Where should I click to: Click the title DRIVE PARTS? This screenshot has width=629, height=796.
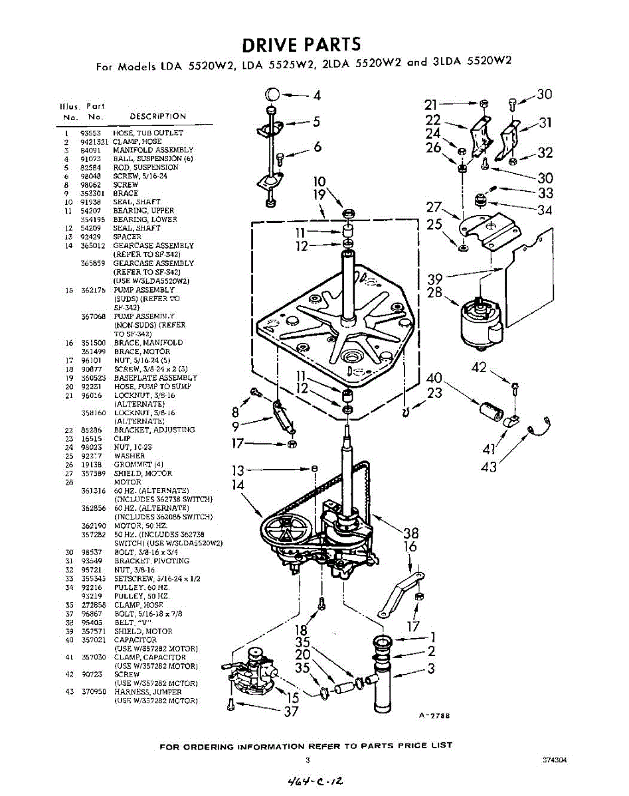[301, 44]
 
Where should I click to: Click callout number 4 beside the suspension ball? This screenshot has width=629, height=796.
[317, 96]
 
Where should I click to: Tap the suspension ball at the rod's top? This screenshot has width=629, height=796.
[272, 94]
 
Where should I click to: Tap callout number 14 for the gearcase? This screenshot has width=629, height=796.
[238, 485]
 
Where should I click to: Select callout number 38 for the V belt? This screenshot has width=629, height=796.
[411, 532]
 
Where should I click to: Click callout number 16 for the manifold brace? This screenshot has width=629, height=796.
[410, 547]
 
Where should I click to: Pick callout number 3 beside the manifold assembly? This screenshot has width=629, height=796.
[430, 669]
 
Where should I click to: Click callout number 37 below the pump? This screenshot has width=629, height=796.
[290, 712]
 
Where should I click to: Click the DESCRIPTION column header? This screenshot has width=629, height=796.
[157, 116]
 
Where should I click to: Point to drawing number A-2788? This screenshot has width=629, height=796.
[434, 716]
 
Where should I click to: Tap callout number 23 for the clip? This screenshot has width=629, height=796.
[434, 393]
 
